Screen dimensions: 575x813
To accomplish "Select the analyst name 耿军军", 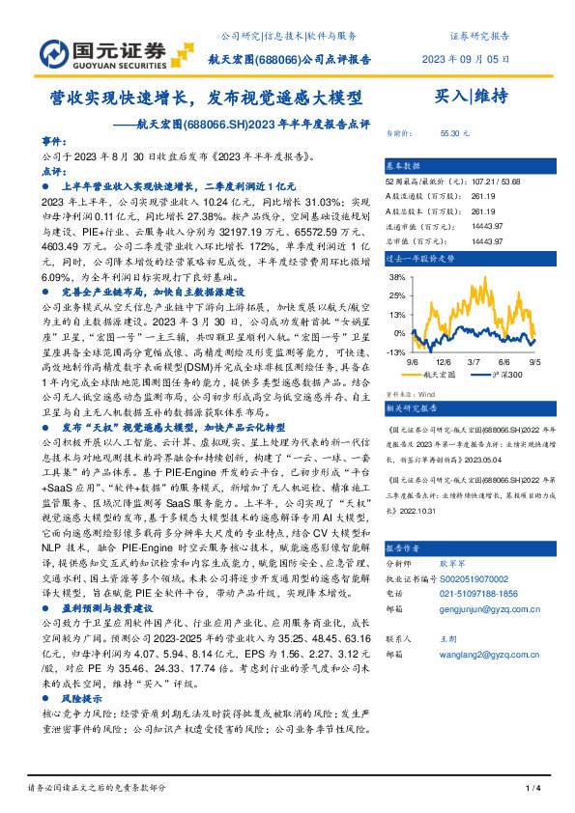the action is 453,561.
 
